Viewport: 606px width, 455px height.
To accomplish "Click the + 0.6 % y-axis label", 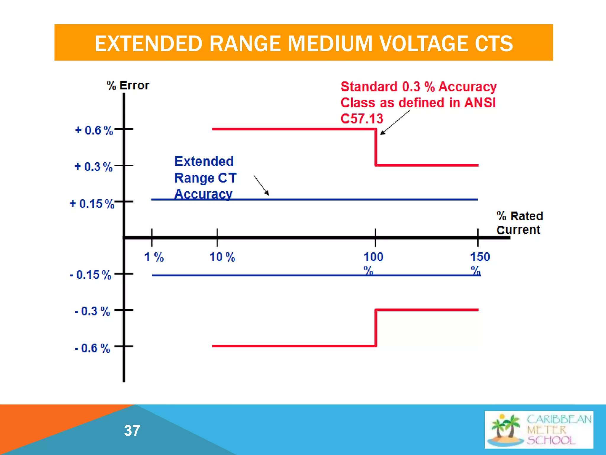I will coord(94,130).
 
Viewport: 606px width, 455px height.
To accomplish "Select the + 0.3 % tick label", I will coord(94,167).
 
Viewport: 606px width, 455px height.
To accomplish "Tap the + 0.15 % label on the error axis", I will coord(92,204).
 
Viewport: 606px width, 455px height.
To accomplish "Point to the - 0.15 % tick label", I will coord(91,275).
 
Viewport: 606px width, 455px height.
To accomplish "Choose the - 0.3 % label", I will coord(92,311).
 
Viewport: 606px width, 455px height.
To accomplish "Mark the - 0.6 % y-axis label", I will coord(92,348).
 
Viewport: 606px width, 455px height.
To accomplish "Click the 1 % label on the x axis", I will coord(154,257).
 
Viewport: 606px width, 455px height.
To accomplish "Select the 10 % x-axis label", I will coord(222,257).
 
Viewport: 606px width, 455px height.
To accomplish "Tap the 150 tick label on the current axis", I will coord(480,257).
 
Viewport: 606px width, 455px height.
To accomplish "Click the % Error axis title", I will coord(128,86).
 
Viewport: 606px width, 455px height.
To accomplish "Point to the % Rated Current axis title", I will coord(520,223).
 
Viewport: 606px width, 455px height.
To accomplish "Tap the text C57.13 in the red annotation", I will coord(362,119).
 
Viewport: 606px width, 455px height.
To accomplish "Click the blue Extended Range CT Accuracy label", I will coord(205,178).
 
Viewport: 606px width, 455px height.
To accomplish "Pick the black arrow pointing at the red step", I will coord(395,123).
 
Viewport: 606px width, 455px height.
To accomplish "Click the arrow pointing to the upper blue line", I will coord(262,185).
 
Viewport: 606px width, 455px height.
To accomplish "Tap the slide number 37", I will coord(132,430).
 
